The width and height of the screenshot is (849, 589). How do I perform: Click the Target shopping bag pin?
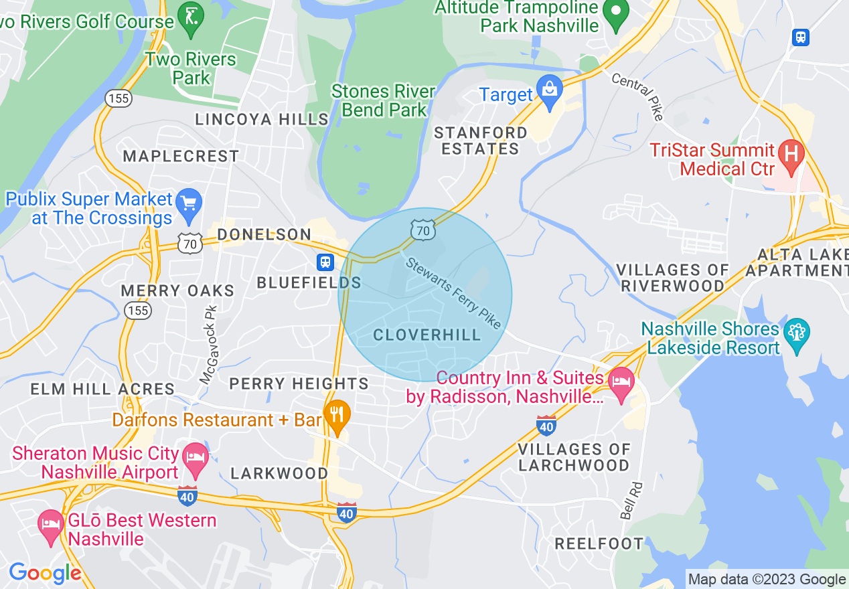pos(550,92)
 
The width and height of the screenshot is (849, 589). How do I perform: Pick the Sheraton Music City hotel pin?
pos(195,458)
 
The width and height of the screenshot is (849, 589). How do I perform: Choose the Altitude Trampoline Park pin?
pos(614,11)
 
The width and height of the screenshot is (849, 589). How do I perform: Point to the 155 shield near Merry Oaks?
pos(137,311)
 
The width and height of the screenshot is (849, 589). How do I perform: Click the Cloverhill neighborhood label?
pos(427,335)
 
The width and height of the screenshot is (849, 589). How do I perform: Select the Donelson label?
pos(264,234)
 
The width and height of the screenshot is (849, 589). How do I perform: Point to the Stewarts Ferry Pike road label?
pos(453,293)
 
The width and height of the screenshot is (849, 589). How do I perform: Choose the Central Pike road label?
pos(637,96)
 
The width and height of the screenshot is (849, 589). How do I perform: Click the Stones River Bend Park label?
pos(384,100)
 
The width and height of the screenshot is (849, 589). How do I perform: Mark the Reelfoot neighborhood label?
pos(599,543)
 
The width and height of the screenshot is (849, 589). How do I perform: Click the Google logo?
pos(44,573)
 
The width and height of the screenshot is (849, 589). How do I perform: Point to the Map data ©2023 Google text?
pos(767,580)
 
